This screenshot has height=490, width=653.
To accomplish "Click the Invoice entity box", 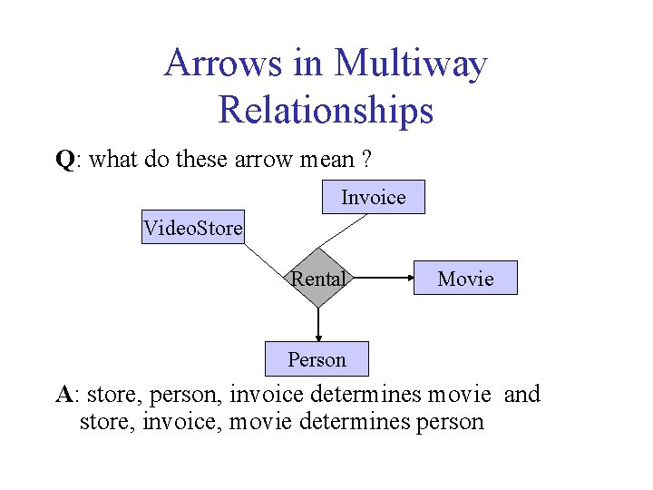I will (373, 197).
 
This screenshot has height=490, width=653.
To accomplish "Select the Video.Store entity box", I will (193, 228).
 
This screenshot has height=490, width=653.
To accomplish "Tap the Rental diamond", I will (318, 279).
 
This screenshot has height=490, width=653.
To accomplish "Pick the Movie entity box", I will (465, 279).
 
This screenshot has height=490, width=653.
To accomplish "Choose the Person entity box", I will (317, 359).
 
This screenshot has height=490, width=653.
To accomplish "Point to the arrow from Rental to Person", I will (318, 324).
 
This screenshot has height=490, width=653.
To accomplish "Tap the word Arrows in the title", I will (222, 64).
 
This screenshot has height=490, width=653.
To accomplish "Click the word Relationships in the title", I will (326, 111).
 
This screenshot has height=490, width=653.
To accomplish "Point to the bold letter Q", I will (63, 161).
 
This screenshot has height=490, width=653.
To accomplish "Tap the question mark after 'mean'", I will (365, 161).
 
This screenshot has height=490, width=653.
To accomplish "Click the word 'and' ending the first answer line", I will (521, 395).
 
